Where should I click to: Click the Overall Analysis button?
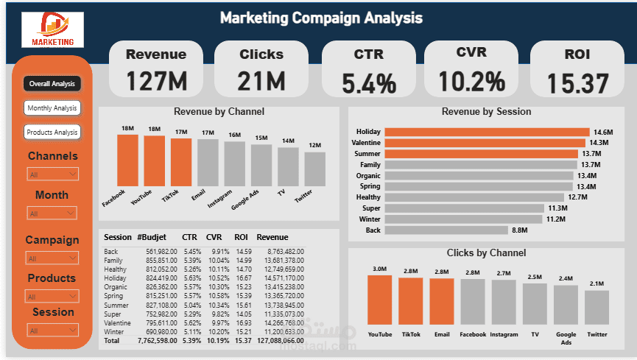[x=52, y=84]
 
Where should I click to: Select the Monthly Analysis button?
[x=52, y=108]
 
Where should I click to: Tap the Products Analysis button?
[x=52, y=133]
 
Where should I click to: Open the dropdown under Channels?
[x=52, y=174]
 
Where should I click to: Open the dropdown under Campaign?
[x=52, y=258]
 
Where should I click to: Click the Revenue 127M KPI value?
[x=156, y=81]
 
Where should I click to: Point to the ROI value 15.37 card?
[x=577, y=82]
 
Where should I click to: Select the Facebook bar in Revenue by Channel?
[x=127, y=160]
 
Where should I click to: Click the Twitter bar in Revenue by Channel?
[x=314, y=169]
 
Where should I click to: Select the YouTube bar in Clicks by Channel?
[x=379, y=300]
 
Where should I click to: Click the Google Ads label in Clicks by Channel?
[x=566, y=338]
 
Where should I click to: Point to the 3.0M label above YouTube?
[x=379, y=269]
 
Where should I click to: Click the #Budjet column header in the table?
[x=151, y=237]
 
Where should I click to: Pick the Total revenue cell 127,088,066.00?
[x=279, y=341]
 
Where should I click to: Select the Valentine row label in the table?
[x=117, y=322]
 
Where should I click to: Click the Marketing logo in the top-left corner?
[x=53, y=29]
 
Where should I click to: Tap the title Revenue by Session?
[x=486, y=112]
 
